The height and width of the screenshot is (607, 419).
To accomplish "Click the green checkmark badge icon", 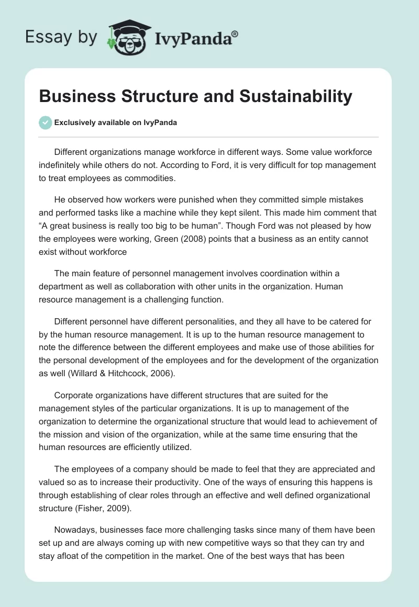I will point(46,122).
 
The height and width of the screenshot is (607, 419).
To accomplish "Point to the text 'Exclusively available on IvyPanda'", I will point(115,123).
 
